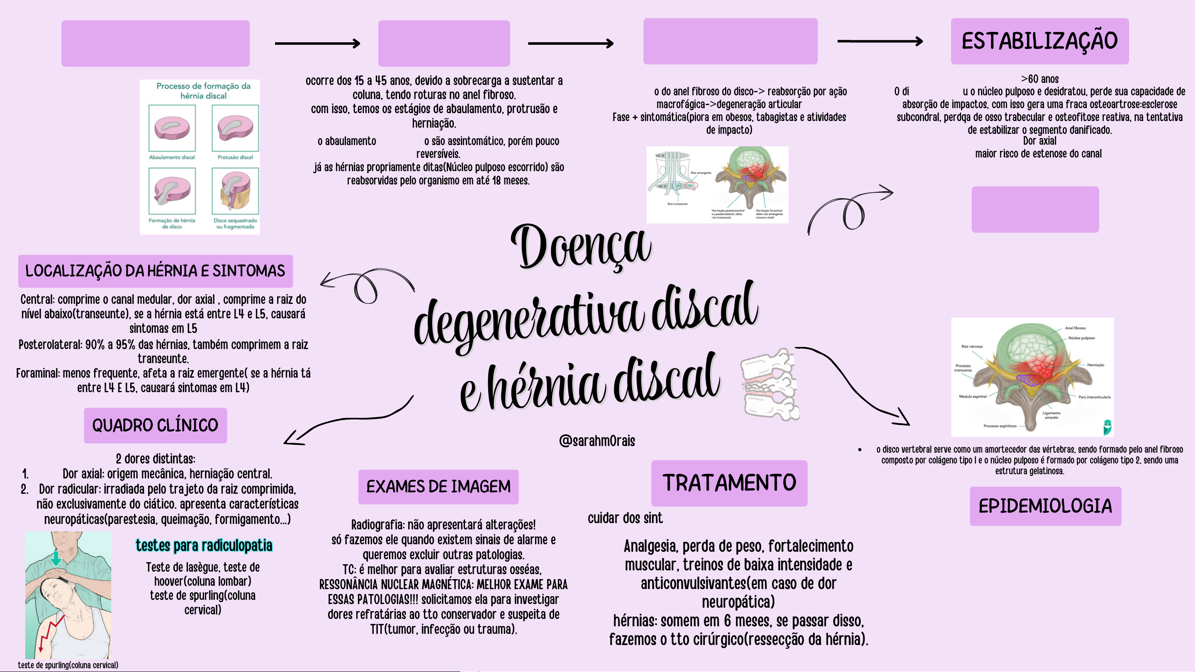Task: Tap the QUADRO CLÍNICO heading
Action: pyautogui.click(x=155, y=425)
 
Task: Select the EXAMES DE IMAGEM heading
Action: pyautogui.click(x=438, y=487)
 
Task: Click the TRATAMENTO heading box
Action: pyautogui.click(x=729, y=483)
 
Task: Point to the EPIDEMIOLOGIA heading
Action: pyautogui.click(x=1045, y=506)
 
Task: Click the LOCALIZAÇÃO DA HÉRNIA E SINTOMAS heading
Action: pyautogui.click(x=155, y=271)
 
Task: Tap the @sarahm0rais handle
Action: pyautogui.click(x=597, y=441)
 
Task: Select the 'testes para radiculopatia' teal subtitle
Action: pyautogui.click(x=204, y=546)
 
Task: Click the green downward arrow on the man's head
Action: pyautogui.click(x=56, y=558)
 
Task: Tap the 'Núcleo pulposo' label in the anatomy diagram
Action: pyautogui.click(x=1081, y=338)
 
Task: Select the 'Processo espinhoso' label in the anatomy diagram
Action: pyautogui.click(x=1000, y=426)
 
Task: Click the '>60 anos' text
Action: pyautogui.click(x=1039, y=79)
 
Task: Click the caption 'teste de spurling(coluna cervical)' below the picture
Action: pyautogui.click(x=68, y=665)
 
